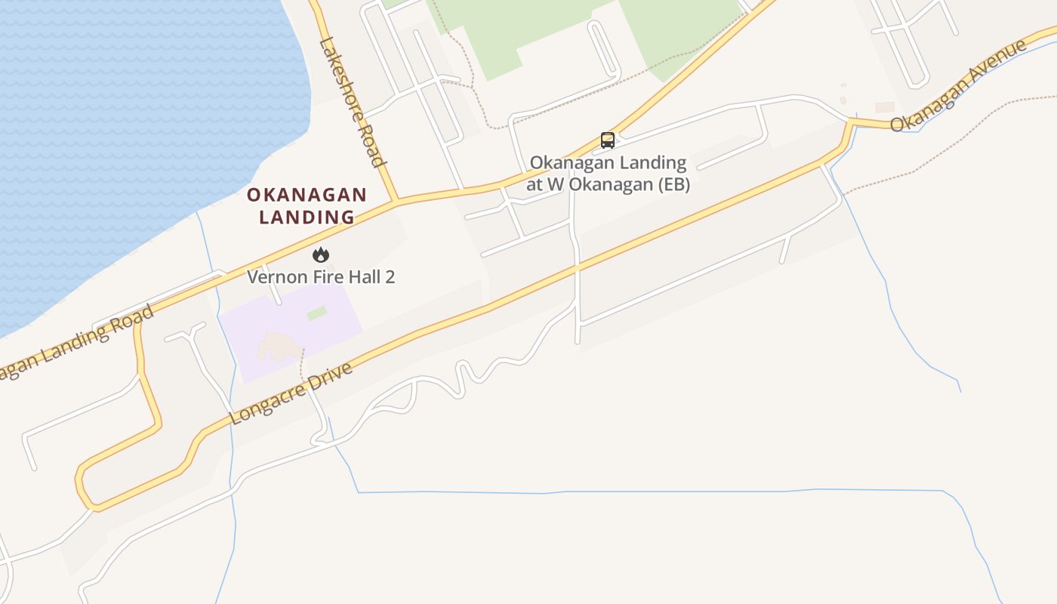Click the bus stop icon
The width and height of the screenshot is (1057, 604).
point(608,140)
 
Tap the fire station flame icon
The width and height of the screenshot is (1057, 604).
point(321,254)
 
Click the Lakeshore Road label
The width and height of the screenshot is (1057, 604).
point(352,101)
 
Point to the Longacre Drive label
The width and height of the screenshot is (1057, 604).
point(291,394)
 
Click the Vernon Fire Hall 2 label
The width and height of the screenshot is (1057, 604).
point(321,276)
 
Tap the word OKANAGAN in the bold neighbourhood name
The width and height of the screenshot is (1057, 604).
point(307,195)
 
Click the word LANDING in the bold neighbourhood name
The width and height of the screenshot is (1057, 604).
point(307,217)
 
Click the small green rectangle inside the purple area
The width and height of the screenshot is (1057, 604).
point(317,313)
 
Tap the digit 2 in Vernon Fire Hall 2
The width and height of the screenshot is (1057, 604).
point(390,276)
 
